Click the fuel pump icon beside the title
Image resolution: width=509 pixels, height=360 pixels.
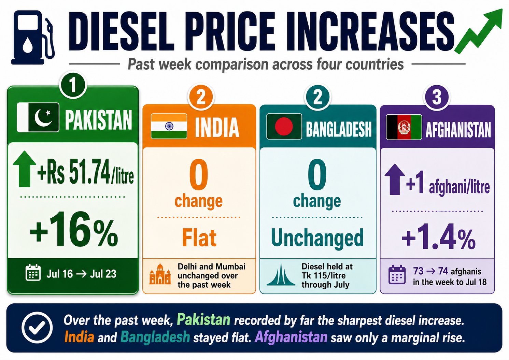[33, 38]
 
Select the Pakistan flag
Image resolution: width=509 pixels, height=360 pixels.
[38, 117]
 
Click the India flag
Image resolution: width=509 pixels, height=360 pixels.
[169, 126]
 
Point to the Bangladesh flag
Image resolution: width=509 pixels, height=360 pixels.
[284, 127]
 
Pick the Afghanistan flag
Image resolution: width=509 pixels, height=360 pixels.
[404, 127]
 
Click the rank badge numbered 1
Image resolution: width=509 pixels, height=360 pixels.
[73, 85]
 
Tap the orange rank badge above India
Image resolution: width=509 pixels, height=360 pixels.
[201, 98]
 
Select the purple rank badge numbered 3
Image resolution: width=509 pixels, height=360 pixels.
[437, 98]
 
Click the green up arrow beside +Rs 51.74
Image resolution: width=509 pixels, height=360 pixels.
[25, 169]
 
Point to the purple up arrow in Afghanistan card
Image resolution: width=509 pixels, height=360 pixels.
[395, 179]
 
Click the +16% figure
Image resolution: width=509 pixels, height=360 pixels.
[74, 229]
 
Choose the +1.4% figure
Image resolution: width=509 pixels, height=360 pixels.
[438, 237]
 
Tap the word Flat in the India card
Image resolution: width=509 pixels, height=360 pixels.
[199, 237]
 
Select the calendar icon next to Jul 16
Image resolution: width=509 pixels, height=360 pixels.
[33, 273]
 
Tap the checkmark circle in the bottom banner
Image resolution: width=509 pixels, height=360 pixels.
[37, 327]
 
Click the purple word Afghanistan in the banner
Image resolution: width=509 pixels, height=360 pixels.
[291, 337]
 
